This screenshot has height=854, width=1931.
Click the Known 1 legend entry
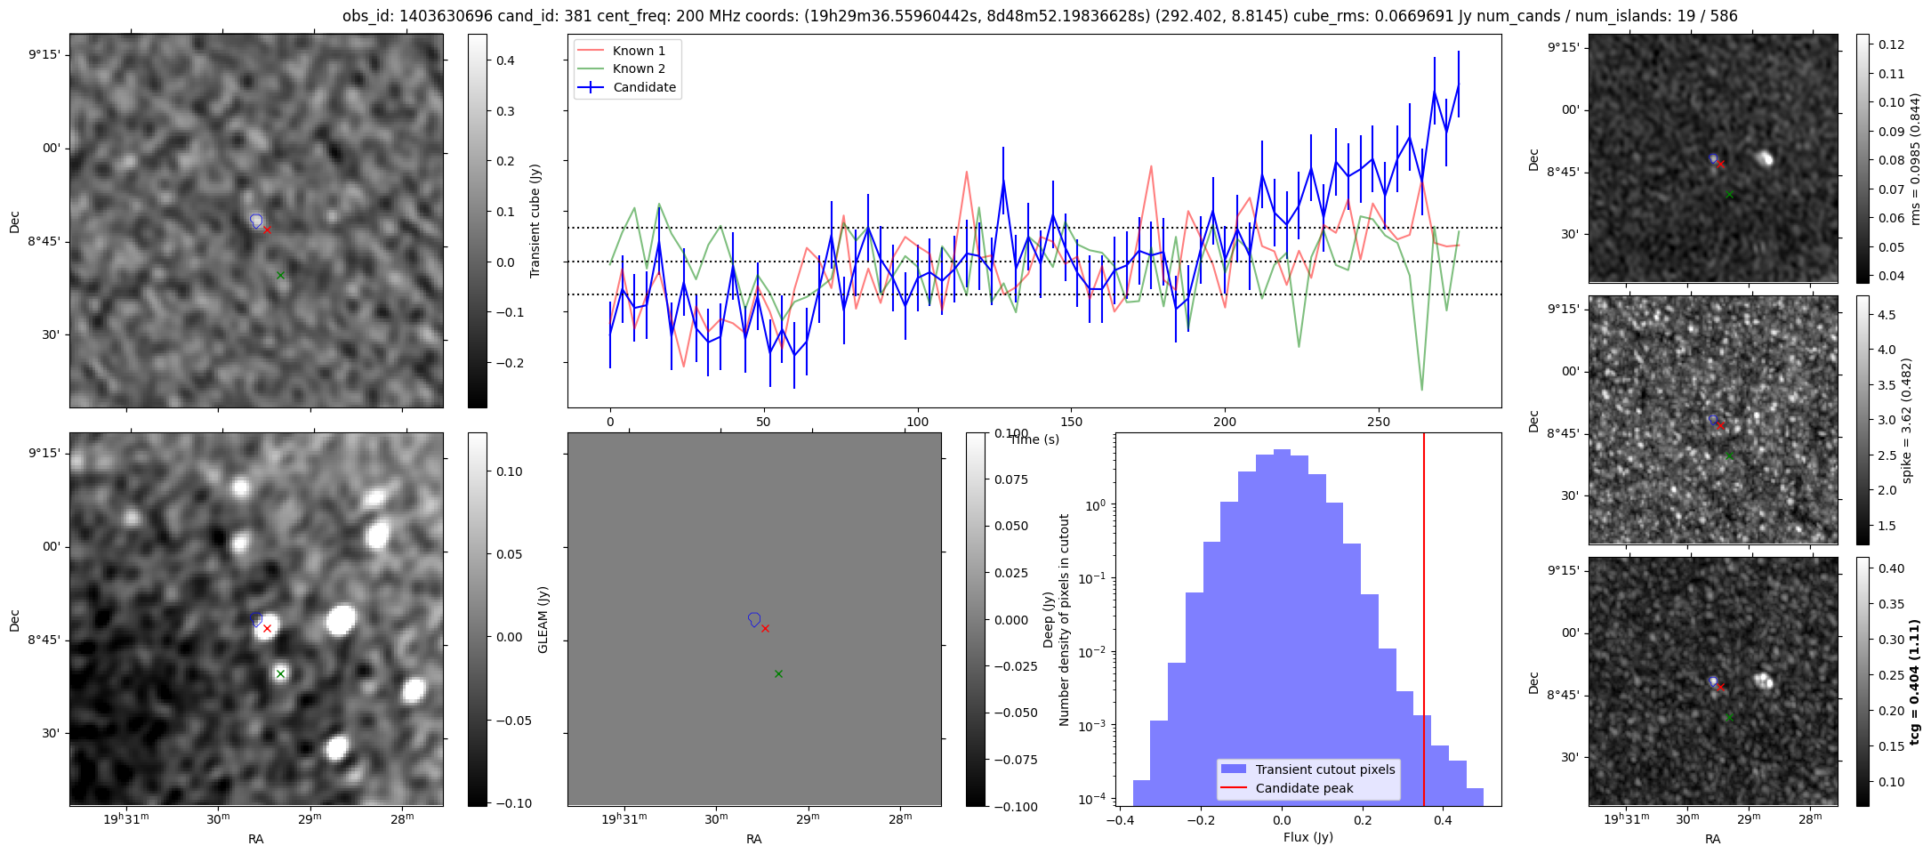(x=620, y=51)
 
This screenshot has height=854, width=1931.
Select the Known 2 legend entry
(x=620, y=68)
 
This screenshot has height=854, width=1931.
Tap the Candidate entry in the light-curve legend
(x=627, y=87)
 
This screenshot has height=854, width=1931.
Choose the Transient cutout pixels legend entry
(x=1307, y=769)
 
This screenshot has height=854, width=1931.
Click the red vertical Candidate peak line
(x=1424, y=619)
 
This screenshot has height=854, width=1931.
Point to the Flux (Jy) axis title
(x=1307, y=837)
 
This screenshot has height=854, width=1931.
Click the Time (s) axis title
(x=1034, y=439)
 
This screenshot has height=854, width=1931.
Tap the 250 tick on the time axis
(x=1378, y=422)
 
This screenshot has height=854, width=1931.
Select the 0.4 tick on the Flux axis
(x=1443, y=820)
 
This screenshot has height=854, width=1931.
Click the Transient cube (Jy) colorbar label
(x=535, y=221)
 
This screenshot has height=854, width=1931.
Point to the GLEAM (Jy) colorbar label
(x=543, y=619)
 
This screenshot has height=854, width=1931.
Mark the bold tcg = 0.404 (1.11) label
(x=1914, y=681)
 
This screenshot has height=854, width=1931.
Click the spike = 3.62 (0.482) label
(x=1907, y=421)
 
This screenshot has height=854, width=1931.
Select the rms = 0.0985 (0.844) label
(x=1915, y=158)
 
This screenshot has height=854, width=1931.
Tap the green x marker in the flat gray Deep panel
(x=778, y=674)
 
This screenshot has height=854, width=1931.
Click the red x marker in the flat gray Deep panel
(x=765, y=628)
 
